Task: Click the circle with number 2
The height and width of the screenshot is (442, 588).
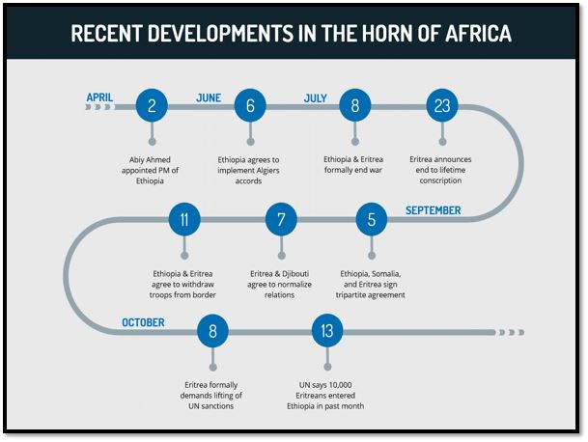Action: pos(153,106)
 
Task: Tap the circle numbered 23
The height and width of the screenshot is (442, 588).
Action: pos(442,106)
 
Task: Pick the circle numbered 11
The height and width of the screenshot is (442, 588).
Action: pos(183,220)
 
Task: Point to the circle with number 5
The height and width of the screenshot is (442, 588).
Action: pos(371,220)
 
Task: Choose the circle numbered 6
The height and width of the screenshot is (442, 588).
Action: pos(250,106)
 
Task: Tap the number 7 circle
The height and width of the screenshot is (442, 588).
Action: pos(281,220)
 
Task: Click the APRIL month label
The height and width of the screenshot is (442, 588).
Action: pos(100,97)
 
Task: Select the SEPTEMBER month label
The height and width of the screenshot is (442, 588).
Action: pos(433,210)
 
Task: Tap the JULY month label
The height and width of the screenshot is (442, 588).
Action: pos(316,97)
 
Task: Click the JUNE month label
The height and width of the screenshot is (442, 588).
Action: pos(209,97)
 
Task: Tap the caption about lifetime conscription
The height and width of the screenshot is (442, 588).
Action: pos(442,170)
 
